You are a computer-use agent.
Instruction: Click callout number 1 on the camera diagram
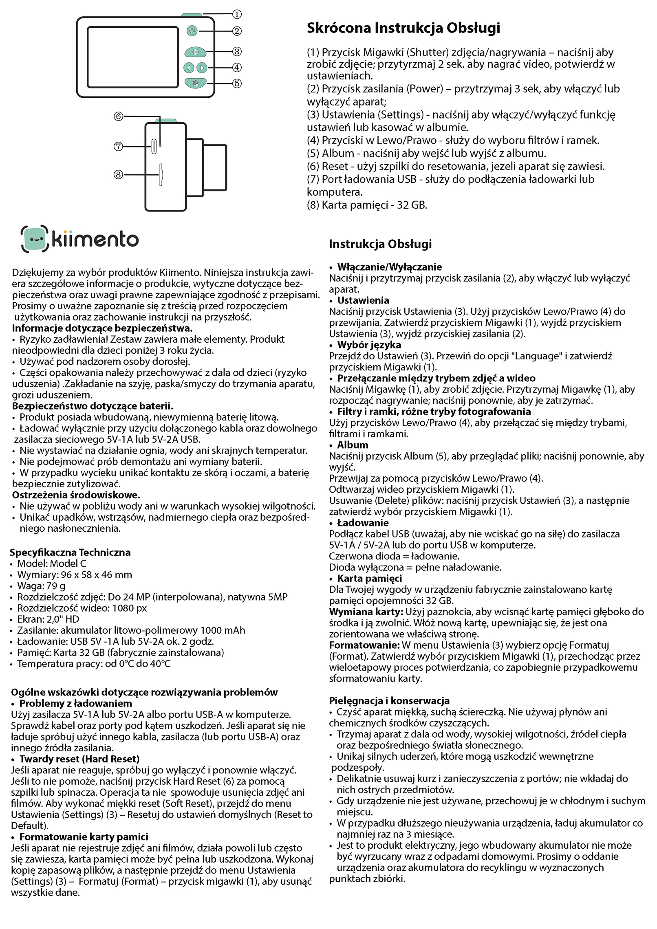(x=237, y=14)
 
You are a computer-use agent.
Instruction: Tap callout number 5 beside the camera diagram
(x=237, y=84)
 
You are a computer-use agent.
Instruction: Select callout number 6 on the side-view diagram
(x=118, y=117)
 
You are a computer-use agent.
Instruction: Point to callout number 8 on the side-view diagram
(x=118, y=175)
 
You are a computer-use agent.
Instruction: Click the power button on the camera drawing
(x=192, y=31)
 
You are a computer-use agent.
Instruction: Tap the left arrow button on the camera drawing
(x=188, y=68)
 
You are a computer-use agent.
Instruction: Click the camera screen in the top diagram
(x=133, y=57)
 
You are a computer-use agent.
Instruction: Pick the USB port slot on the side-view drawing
(x=154, y=146)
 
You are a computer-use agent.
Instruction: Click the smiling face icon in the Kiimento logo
(x=35, y=239)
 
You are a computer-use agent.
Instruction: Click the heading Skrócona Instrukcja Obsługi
(x=403, y=28)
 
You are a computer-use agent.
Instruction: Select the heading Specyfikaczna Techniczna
(x=70, y=553)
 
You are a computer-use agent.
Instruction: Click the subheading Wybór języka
(x=369, y=345)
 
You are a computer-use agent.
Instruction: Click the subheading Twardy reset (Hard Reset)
(x=79, y=759)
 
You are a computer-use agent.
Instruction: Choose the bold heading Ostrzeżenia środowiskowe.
(x=76, y=495)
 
